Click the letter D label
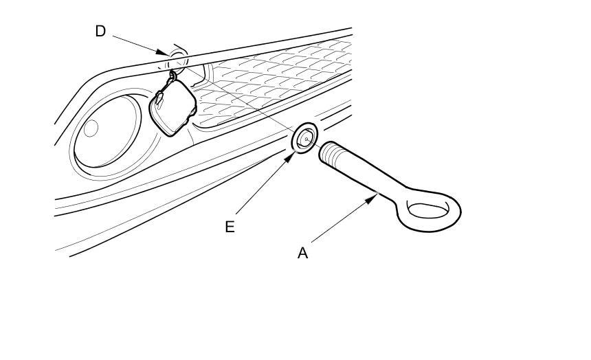[100, 32]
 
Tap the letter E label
[230, 227]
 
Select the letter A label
[302, 254]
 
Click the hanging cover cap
[172, 106]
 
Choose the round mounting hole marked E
[305, 137]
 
